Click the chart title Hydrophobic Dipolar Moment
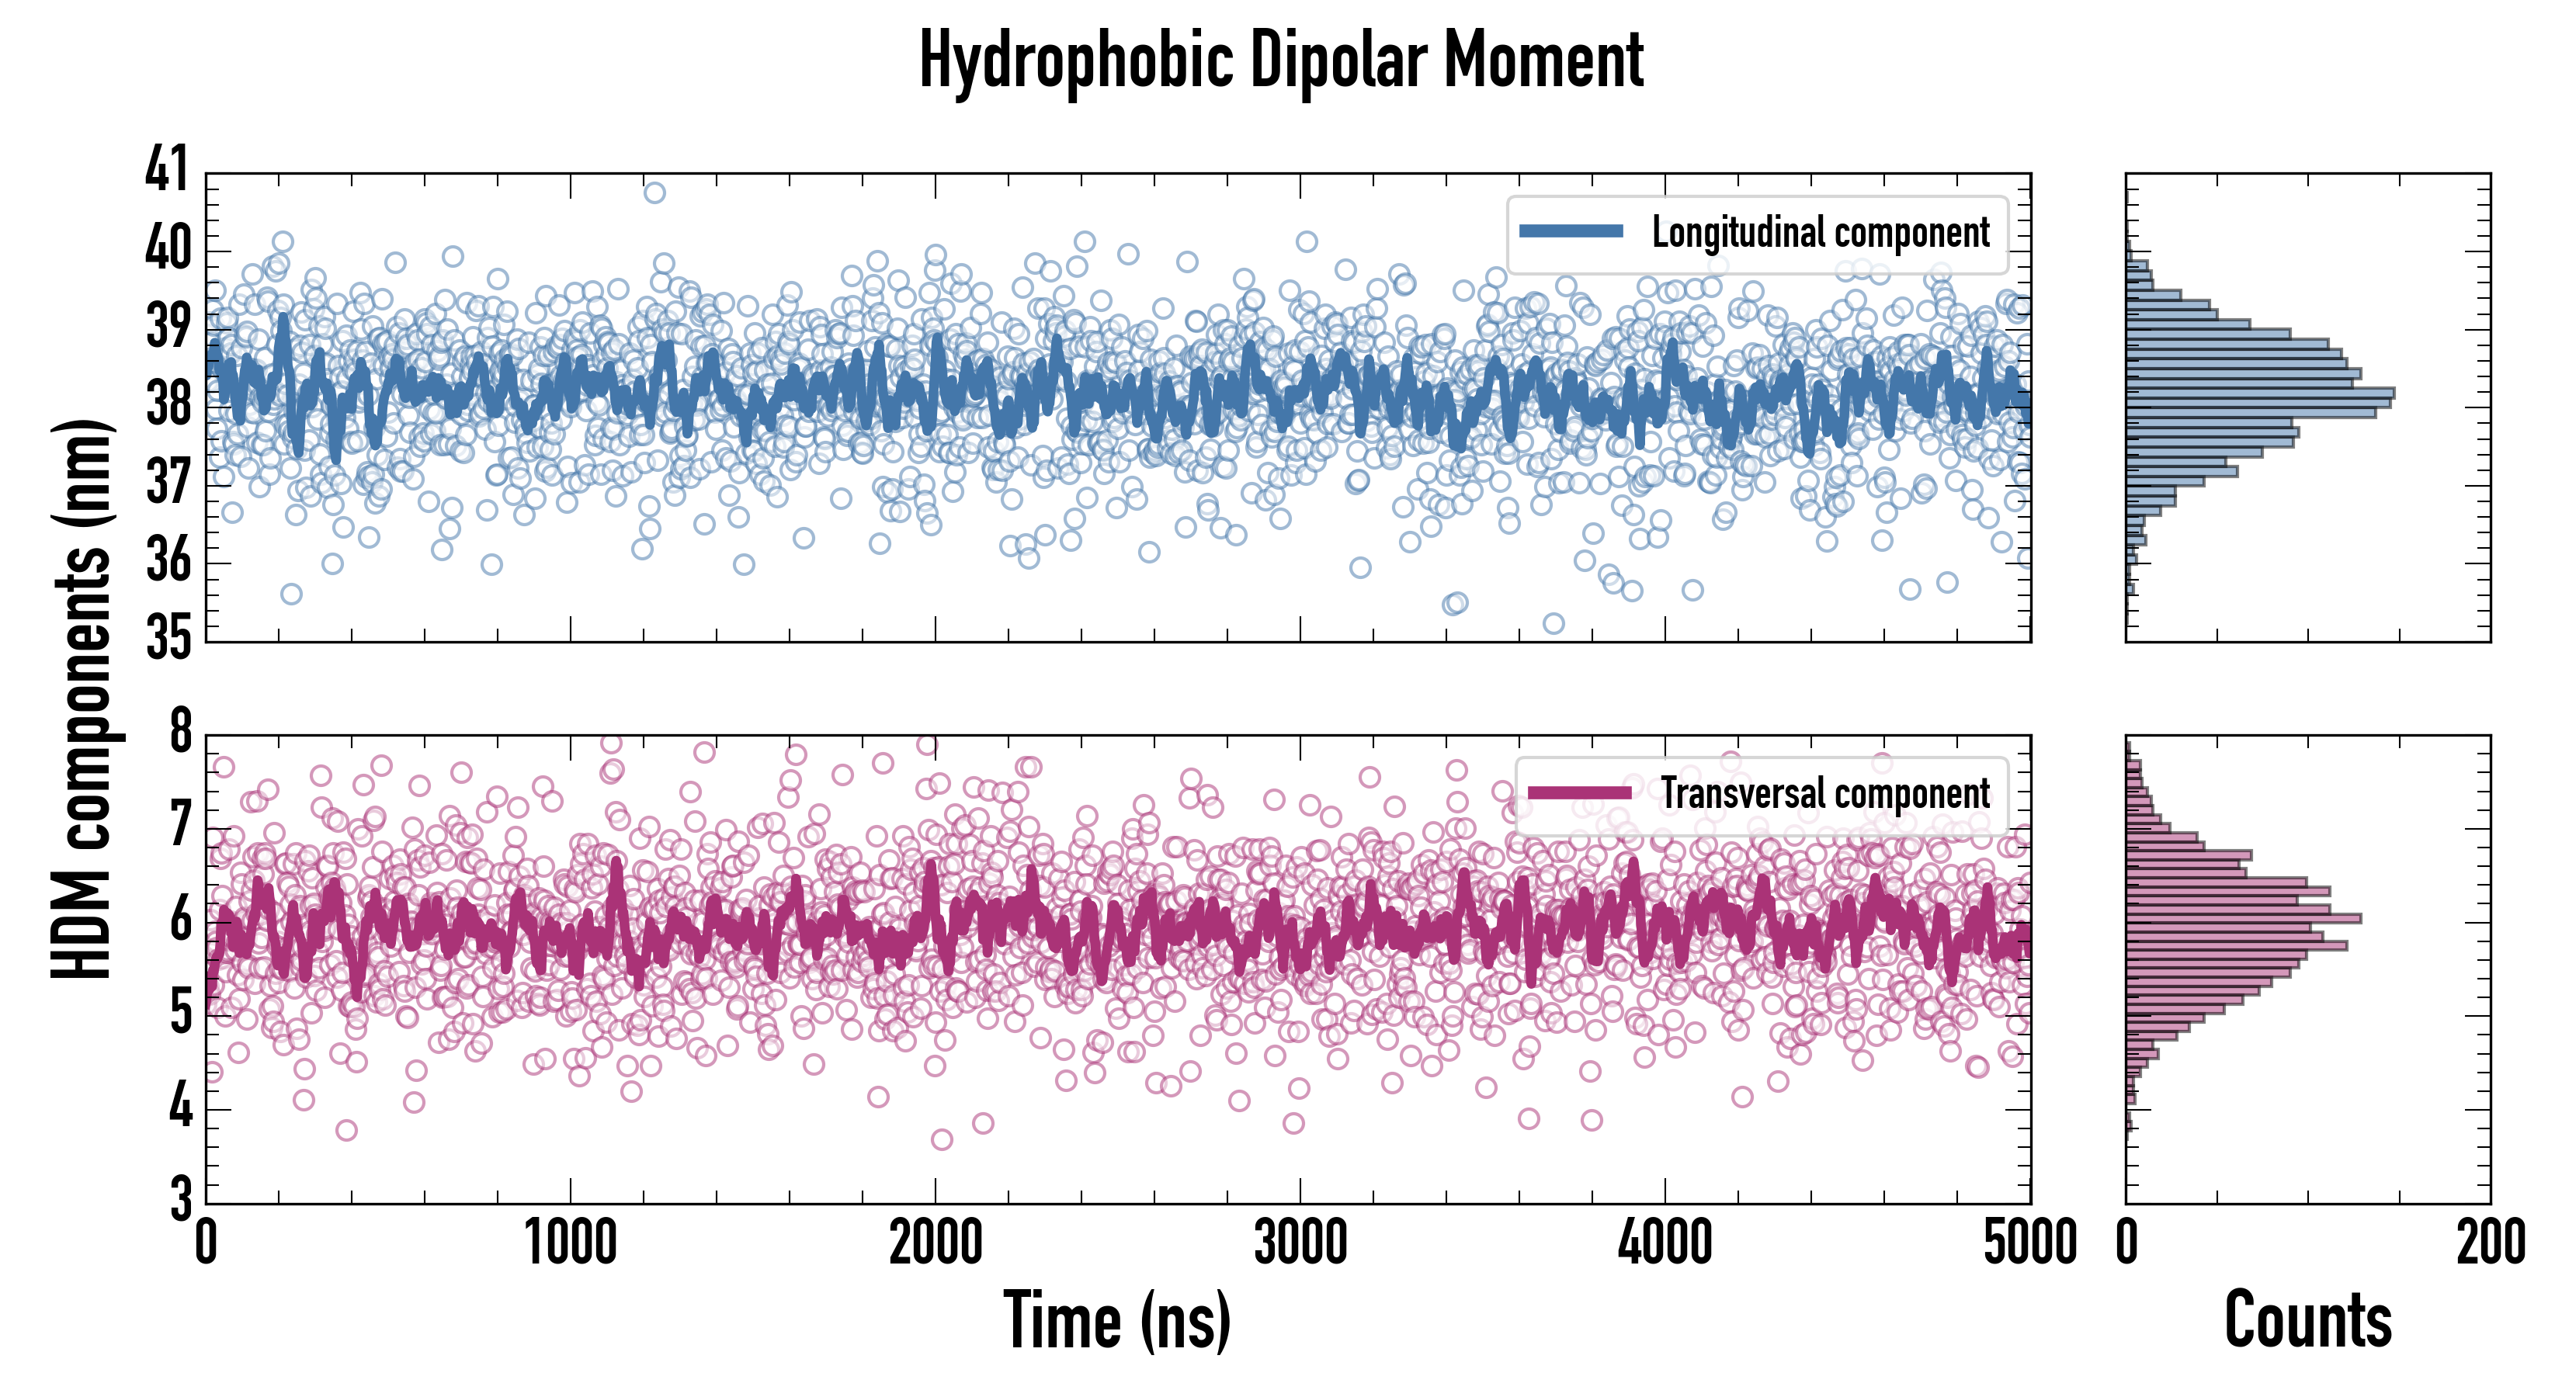click(1281, 61)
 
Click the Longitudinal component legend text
click(1820, 233)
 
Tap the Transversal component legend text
click(1825, 793)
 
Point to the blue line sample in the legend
click(1571, 232)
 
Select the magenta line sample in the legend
click(1579, 792)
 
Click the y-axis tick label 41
click(166, 169)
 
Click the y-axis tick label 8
click(180, 733)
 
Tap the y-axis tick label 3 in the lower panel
click(180, 1199)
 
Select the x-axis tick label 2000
click(935, 1243)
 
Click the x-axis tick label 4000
click(1665, 1243)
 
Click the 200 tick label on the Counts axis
click(2491, 1243)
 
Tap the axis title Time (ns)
click(1117, 1320)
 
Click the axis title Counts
click(2307, 1320)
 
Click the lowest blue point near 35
click(1554, 623)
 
